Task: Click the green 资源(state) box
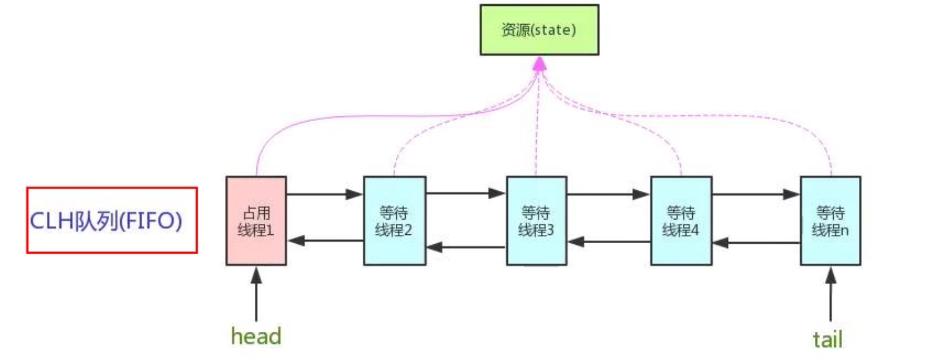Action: pos(539,30)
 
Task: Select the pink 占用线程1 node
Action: pos(256,221)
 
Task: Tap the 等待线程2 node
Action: pos(394,221)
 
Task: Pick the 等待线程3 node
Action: pos(536,221)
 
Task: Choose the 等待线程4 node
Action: pos(681,221)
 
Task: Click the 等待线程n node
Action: pos(830,221)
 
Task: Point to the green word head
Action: pos(256,336)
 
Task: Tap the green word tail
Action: pos(827,339)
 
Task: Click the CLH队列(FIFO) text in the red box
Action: pos(106,221)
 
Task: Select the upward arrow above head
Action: pos(256,294)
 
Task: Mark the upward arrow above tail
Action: pos(830,294)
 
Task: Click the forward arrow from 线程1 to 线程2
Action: pos(325,194)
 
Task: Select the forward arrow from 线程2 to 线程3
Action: pos(466,193)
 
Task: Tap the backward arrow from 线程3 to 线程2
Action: pos(466,247)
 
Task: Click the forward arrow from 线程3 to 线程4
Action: pos(608,194)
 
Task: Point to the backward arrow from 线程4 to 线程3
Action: pos(608,241)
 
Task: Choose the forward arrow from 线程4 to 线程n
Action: pos(756,194)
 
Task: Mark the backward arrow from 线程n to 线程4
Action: pos(756,242)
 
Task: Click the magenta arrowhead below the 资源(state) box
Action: pos(540,63)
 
